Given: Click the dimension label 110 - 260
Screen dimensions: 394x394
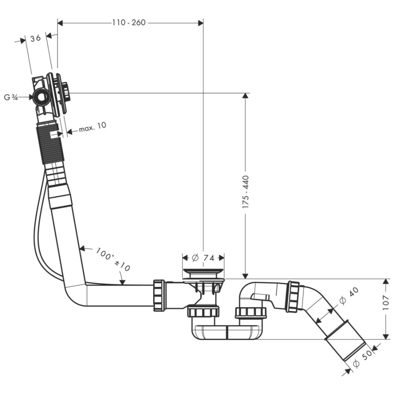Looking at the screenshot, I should point(128,23).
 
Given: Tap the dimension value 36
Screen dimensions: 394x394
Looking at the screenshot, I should point(36,39).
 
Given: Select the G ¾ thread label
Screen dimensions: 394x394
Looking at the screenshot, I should point(11,98).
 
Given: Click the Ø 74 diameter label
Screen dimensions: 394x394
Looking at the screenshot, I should point(203,257).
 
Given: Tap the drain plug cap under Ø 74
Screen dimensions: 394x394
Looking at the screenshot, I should point(203,273).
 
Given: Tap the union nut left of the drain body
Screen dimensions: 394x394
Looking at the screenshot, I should point(159,295).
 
